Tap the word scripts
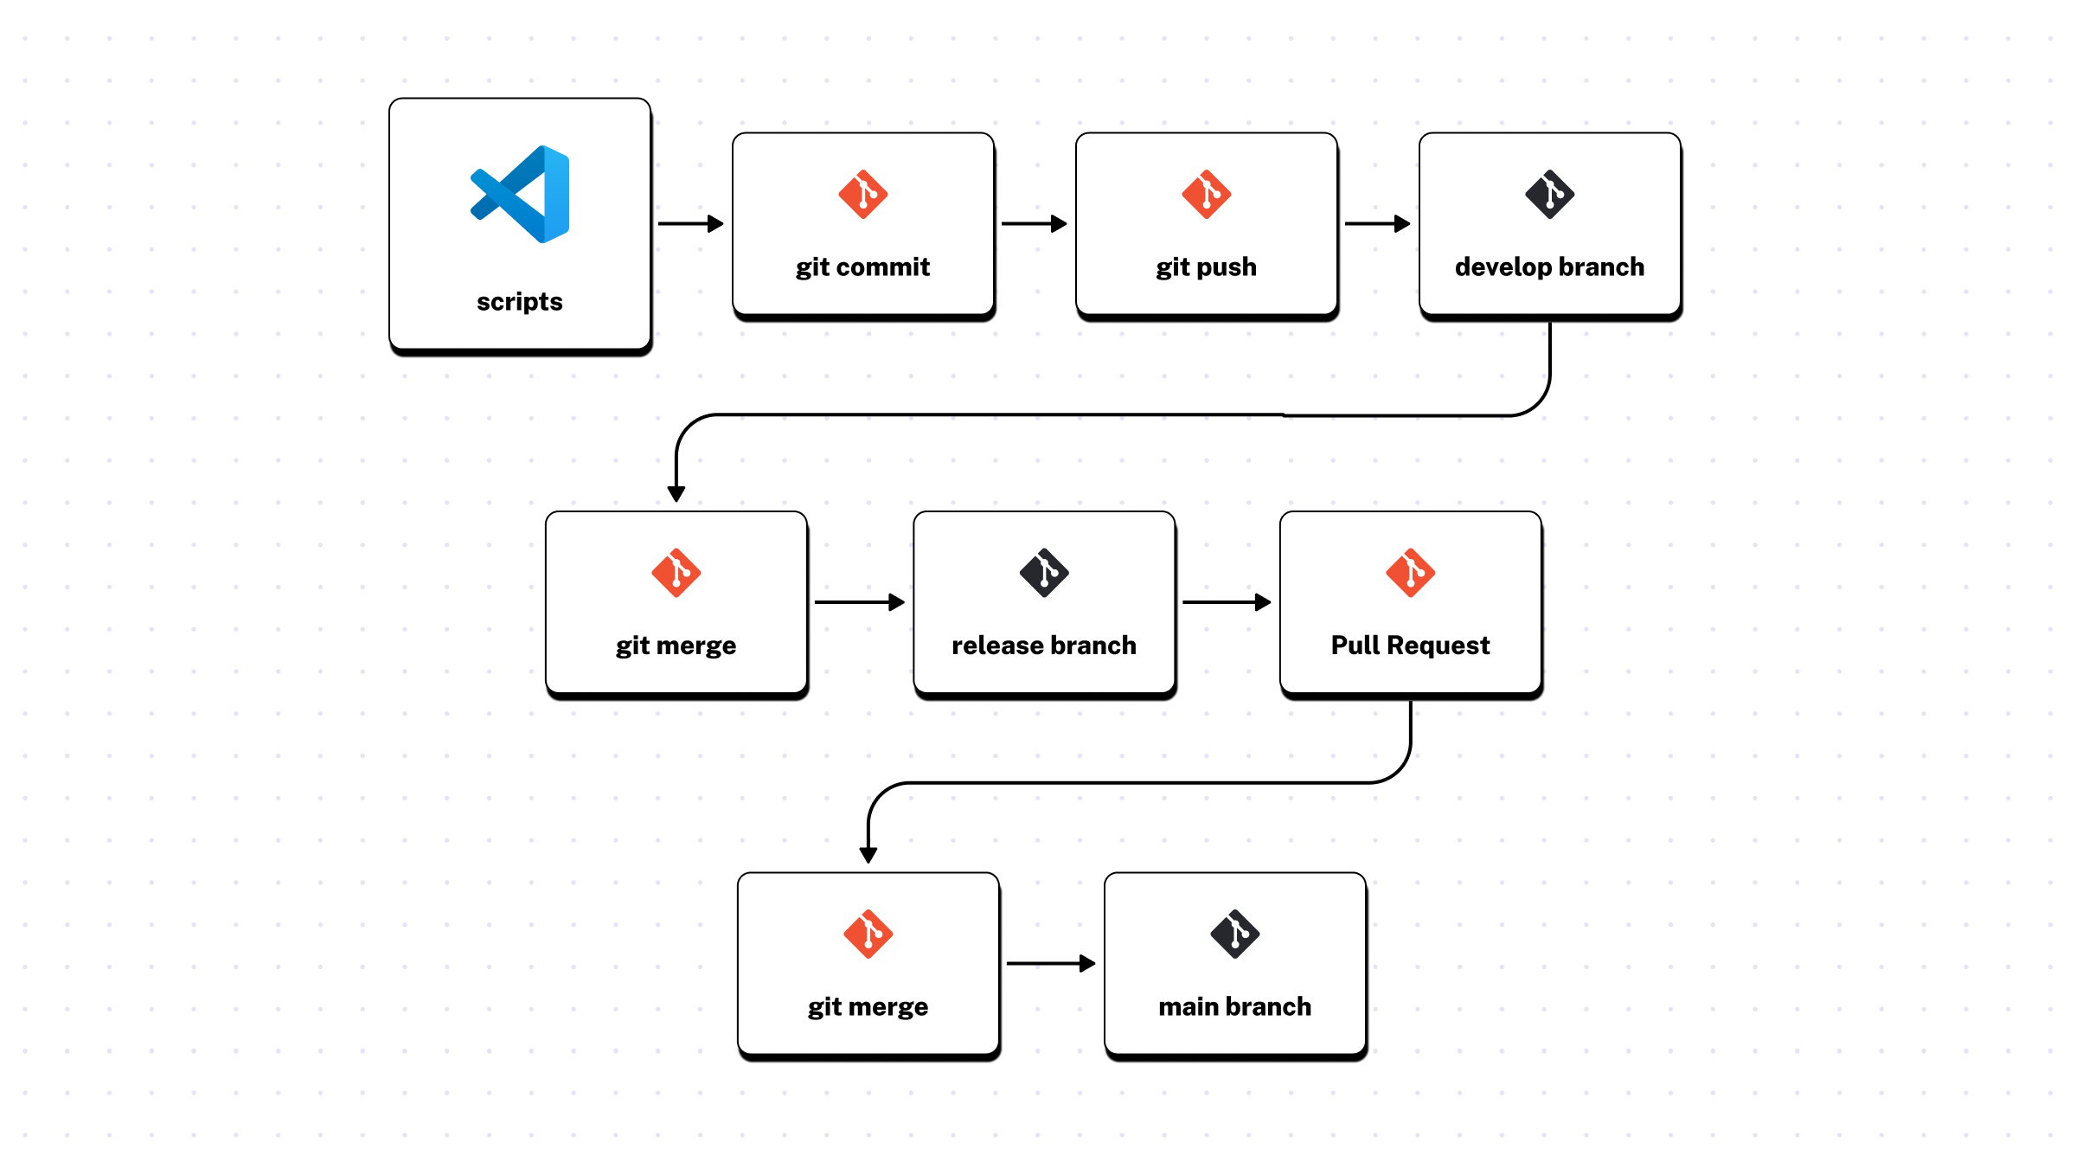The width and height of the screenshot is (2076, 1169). [x=519, y=301]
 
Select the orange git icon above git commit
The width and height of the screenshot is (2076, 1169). [x=862, y=194]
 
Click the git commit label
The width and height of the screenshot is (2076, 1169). [x=862, y=267]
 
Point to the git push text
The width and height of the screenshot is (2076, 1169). [x=1206, y=267]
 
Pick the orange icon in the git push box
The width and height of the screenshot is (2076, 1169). [x=1206, y=194]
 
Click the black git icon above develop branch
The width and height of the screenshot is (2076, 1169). [x=1549, y=194]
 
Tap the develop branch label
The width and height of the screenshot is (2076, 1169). [x=1549, y=267]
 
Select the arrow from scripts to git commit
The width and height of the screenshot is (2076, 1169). [x=690, y=223]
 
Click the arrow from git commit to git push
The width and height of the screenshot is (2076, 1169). [x=1034, y=223]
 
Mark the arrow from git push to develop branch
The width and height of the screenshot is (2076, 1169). [x=1377, y=223]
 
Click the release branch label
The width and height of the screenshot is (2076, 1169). [x=1044, y=646]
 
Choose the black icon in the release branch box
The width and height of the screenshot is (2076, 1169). [x=1044, y=572]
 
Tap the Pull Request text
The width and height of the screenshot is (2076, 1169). [x=1410, y=646]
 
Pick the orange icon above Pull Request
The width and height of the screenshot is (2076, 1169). [x=1410, y=572]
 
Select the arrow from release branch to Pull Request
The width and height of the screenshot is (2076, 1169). [x=1227, y=601]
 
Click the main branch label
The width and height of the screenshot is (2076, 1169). [x=1234, y=1006]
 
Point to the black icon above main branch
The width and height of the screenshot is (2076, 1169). [x=1234, y=934]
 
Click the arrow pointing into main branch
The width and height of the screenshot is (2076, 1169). [x=1051, y=963]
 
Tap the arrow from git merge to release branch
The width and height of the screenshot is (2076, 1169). [x=859, y=601]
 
